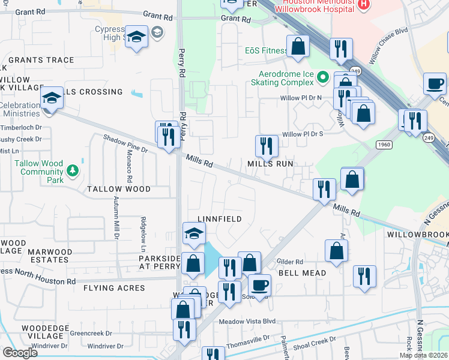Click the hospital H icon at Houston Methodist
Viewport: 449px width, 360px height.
coord(363,5)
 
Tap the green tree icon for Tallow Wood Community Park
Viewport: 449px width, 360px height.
coord(73,171)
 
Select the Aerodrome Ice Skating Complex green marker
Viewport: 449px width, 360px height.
coord(322,77)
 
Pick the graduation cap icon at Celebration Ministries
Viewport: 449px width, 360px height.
coord(52,98)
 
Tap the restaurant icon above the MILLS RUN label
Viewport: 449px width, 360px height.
coord(267,146)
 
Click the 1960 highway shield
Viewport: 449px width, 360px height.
coord(384,145)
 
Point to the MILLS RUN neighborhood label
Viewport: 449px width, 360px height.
coord(270,163)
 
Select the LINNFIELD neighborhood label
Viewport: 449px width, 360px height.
coord(220,219)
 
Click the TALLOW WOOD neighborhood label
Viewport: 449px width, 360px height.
coord(119,189)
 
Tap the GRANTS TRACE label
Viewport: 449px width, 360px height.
coord(41,60)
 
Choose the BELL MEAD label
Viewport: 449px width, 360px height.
coord(302,273)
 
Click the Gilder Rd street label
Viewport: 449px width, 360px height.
coord(289,262)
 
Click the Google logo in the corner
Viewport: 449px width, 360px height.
coord(20,353)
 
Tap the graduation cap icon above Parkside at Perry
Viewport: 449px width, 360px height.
coord(194,234)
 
